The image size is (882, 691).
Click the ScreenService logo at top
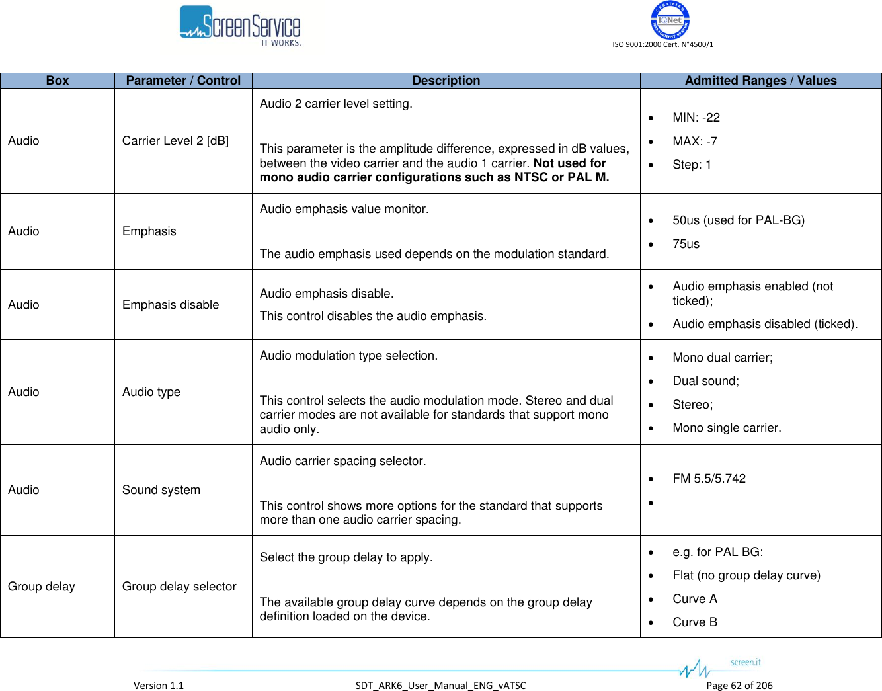240,26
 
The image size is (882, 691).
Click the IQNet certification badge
670,20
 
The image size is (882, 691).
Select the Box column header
58,81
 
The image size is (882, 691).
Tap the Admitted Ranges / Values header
760,81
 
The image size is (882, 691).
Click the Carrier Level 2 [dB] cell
175,141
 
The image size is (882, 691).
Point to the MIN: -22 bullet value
696,118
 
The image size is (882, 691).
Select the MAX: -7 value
694,142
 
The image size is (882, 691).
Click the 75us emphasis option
686,244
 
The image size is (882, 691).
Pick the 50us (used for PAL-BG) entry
738,220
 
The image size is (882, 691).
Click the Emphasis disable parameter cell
171,305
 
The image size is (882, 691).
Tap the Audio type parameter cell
151,392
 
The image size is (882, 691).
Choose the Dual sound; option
705,381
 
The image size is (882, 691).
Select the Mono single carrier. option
726,428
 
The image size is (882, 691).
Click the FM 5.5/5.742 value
709,479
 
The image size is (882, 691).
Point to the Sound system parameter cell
161,490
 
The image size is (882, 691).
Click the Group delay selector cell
179,587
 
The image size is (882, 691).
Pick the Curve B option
694,622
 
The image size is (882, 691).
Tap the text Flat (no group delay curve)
746,575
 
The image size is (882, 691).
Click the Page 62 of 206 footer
739,686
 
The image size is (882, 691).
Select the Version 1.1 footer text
159,686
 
